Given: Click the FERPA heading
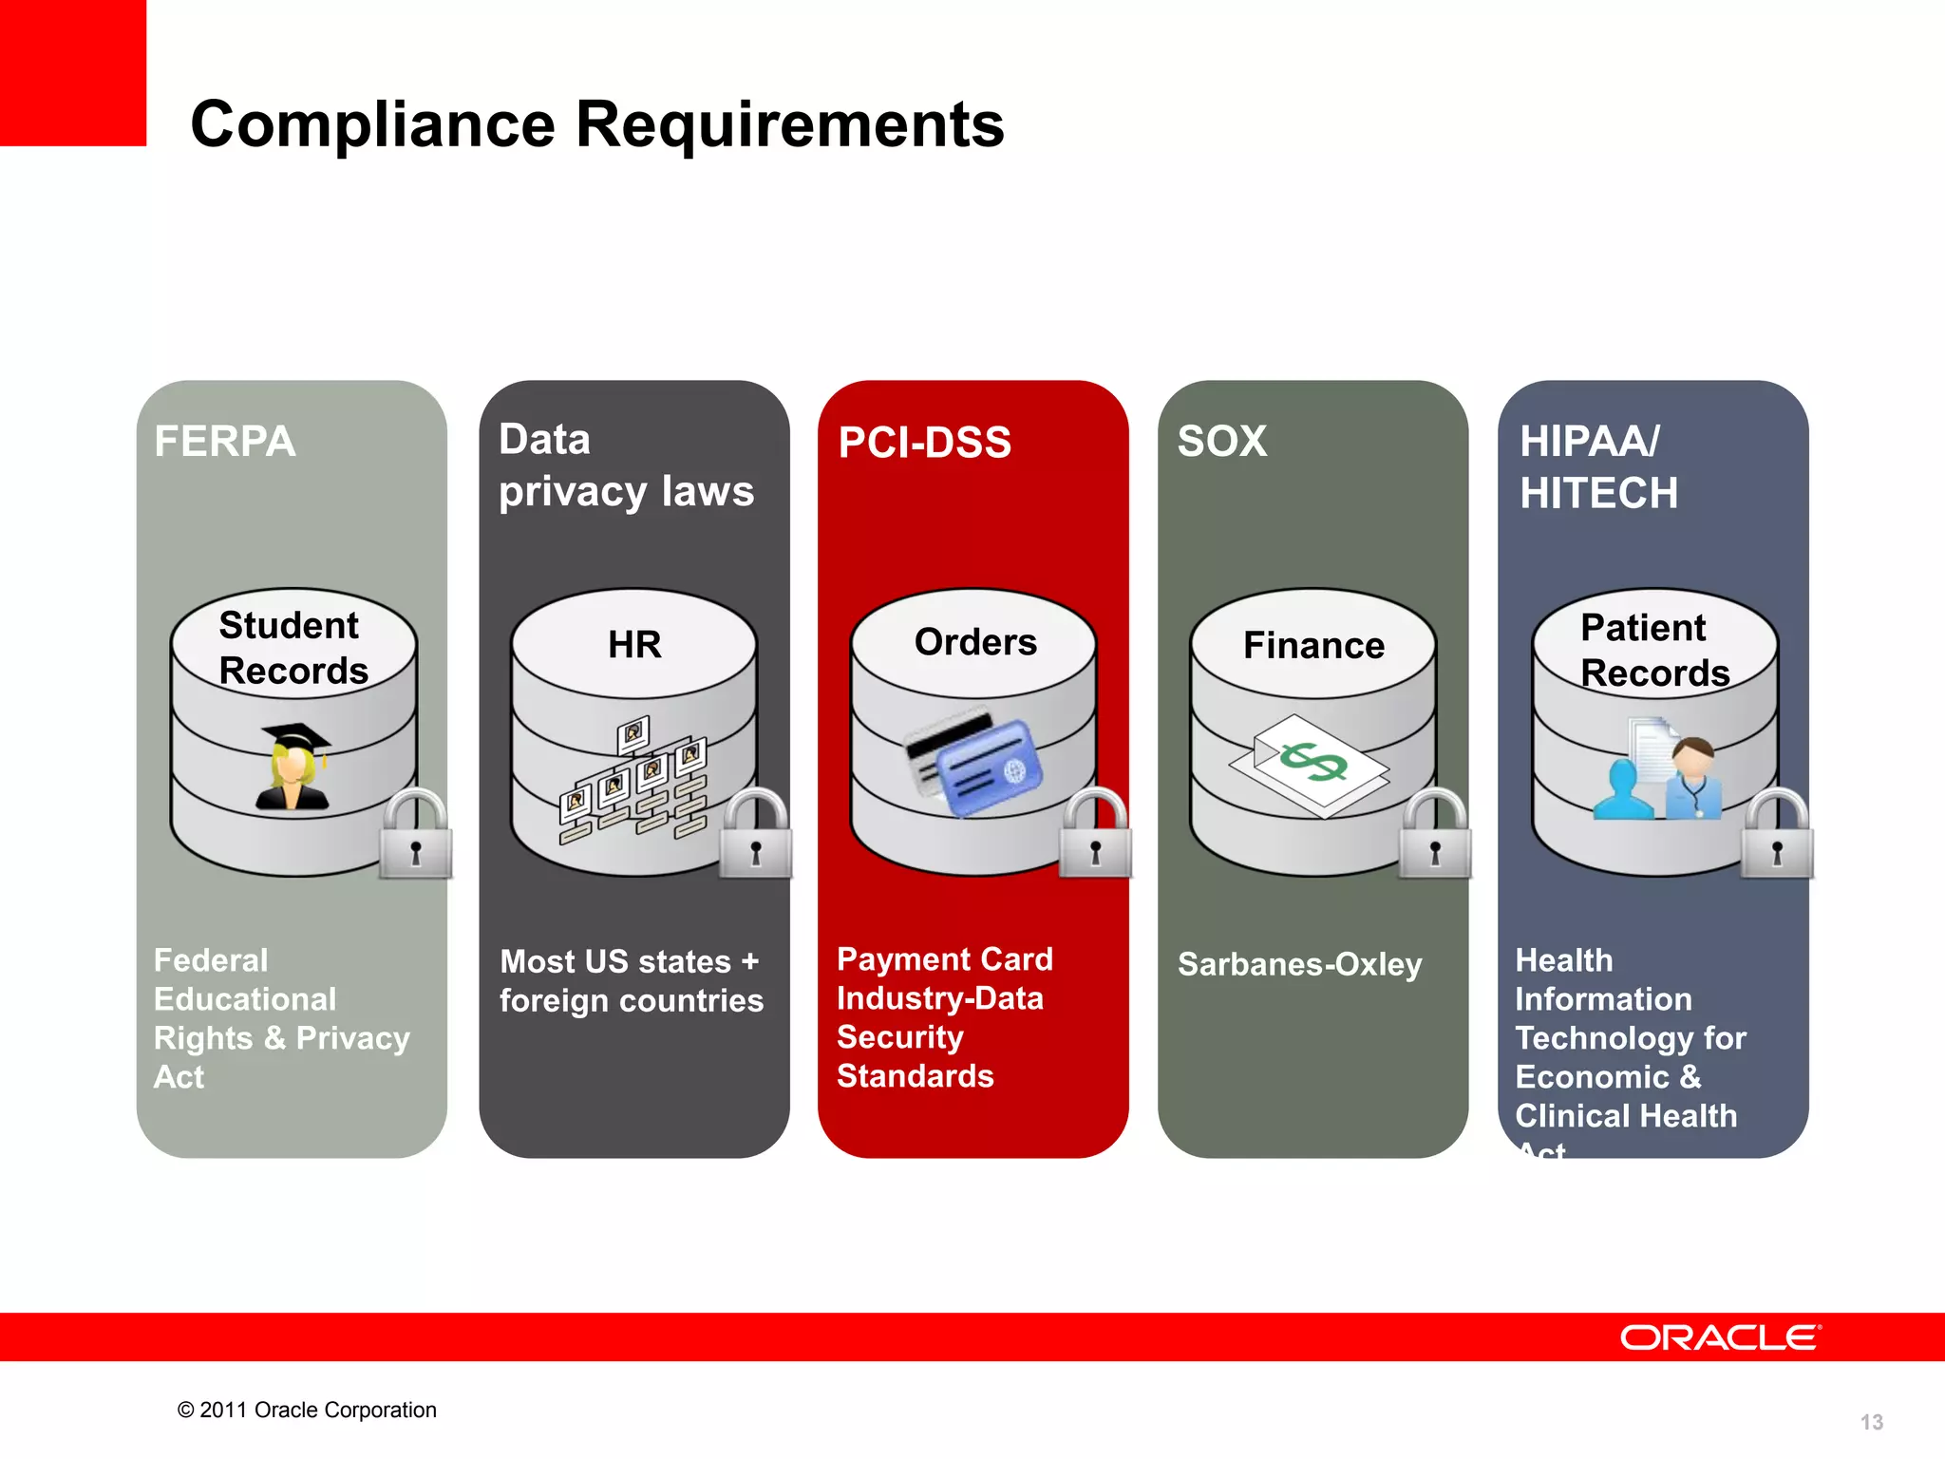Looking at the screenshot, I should pos(225,442).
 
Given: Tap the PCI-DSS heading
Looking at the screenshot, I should pos(924,443).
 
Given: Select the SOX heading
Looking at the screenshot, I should pos(1222,442).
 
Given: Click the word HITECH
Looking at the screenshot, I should pos(1598,494).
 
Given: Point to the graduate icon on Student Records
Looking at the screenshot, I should pos(294,767).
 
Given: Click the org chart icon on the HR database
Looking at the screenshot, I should pos(633,779).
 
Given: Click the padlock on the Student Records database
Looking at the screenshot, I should pos(415,836).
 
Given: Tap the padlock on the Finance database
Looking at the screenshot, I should pos(1435,836).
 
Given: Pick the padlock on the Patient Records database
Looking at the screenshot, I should pos(1777,836).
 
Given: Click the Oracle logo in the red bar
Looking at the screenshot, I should pos(1720,1337).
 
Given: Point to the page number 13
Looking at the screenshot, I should pos(1871,1422).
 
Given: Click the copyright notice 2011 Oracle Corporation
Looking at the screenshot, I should pos(307,1411).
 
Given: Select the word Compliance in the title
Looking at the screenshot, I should pos(372,124).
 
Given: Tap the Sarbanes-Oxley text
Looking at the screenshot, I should pos(1299,965).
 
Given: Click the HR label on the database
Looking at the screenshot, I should pos(634,645).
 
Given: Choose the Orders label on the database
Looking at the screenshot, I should pos(975,643).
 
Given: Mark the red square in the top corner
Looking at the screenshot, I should pos(72,72).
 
